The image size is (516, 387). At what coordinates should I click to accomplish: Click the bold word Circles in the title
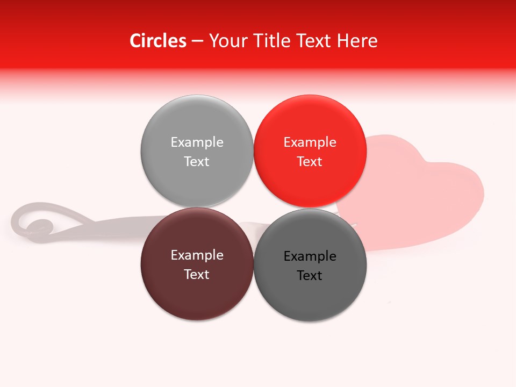157,41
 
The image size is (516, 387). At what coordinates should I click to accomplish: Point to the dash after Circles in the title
197,41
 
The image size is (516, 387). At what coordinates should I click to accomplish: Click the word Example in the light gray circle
197,142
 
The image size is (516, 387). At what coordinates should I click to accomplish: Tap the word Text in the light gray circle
197,161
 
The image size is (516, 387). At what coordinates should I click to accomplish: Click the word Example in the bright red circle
310,142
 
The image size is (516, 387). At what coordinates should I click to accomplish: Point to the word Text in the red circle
310,161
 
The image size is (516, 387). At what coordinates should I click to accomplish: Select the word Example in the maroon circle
197,255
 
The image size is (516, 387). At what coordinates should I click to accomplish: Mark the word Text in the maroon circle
197,274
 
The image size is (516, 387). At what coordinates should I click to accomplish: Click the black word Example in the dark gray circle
310,256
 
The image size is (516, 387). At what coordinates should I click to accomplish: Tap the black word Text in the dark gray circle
310,275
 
